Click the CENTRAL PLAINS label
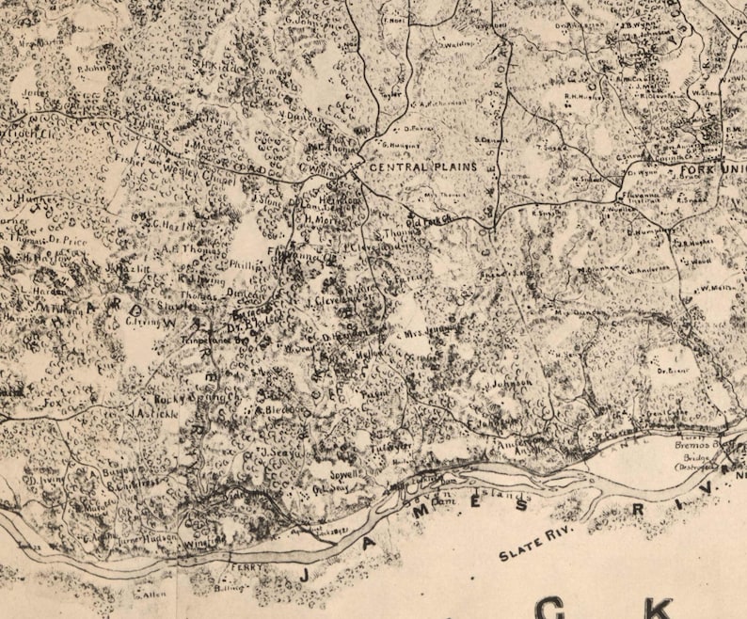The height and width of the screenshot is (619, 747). click(422, 167)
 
